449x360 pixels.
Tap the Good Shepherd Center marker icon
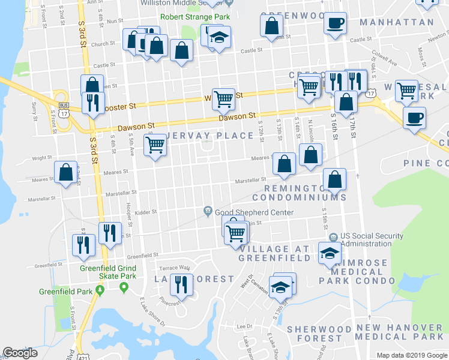click(x=208, y=210)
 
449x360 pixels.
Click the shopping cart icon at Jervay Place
click(x=155, y=145)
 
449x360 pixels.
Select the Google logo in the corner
click(x=20, y=353)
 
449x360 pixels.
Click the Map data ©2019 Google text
click(x=411, y=355)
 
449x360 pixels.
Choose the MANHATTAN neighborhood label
click(x=396, y=22)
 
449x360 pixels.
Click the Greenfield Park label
click(x=65, y=292)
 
